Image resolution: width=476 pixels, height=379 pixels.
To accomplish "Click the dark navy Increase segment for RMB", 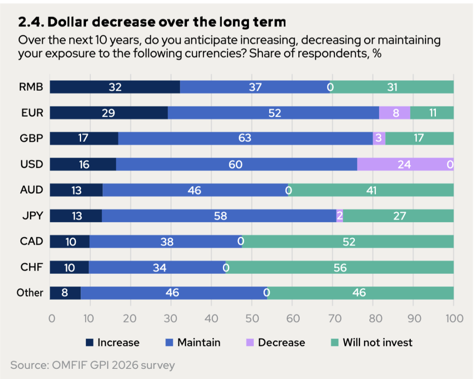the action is click(x=115, y=87).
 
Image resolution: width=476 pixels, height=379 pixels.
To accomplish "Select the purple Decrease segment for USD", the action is click(x=405, y=164).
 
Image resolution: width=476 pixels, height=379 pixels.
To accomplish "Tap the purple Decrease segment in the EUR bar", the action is click(x=394, y=113).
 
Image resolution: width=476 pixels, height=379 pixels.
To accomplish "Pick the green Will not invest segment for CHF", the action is click(x=340, y=268).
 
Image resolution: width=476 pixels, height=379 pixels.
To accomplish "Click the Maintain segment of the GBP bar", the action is click(x=245, y=138).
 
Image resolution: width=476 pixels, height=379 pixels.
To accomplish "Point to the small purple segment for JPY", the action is click(x=340, y=216).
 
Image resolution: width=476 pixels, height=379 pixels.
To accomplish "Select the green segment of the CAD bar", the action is click(x=348, y=241).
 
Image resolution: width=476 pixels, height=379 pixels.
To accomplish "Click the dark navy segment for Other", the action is click(x=65, y=293).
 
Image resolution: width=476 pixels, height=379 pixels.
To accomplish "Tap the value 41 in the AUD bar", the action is click(x=371, y=191).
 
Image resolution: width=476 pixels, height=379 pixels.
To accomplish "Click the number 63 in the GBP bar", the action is click(x=245, y=138).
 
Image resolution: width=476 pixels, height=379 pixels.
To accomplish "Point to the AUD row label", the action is click(x=32, y=190).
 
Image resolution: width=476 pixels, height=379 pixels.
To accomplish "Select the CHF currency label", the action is click(x=32, y=267).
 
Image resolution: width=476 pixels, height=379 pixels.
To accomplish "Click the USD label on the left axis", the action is click(x=32, y=164).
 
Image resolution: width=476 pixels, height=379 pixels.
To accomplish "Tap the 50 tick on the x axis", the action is click(x=252, y=318).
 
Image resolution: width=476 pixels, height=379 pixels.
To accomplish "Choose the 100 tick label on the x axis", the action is click(x=454, y=318).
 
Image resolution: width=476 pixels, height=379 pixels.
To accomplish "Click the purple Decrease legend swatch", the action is click(x=250, y=342).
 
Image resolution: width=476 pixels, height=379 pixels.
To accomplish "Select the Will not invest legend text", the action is click(x=378, y=342).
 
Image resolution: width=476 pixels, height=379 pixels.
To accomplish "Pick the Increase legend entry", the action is click(x=113, y=342).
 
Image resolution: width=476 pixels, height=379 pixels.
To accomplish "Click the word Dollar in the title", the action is click(x=68, y=22).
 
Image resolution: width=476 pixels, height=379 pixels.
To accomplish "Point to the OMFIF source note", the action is click(x=93, y=365).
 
